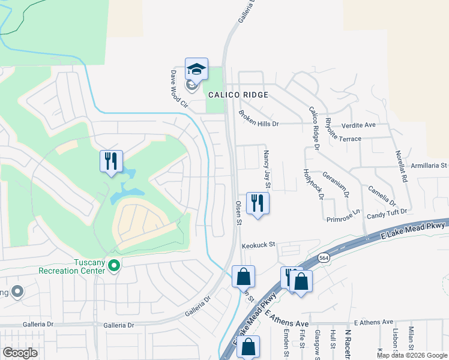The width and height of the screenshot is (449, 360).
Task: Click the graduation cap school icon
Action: [x=196, y=70]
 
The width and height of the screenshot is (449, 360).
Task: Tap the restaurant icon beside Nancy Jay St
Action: [x=258, y=203]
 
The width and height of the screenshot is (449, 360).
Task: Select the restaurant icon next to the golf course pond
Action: [x=111, y=161]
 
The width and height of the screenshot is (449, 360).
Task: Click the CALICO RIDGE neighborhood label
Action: [x=238, y=95]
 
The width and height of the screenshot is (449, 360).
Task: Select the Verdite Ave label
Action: [x=358, y=125]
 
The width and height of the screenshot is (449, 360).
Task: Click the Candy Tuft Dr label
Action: [x=387, y=212]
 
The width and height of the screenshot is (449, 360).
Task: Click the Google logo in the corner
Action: [x=20, y=353]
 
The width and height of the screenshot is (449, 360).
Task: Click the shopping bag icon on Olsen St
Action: [x=243, y=277]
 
